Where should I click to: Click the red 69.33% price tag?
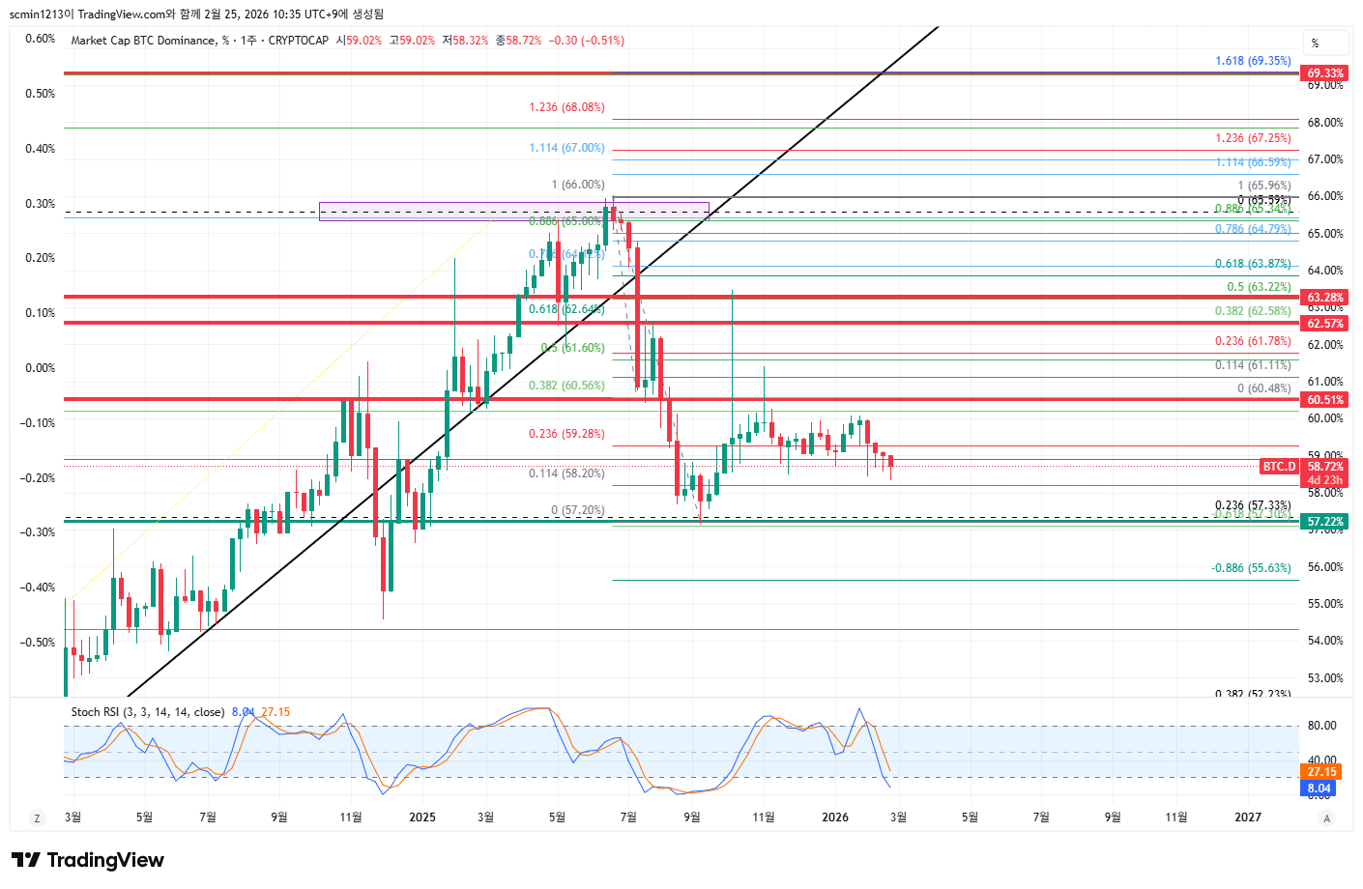[x=1324, y=73]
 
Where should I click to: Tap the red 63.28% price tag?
[x=1324, y=298]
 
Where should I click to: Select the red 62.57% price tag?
[x=1324, y=324]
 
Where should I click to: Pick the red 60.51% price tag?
[x=1324, y=400]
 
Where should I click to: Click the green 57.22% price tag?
[x=1324, y=522]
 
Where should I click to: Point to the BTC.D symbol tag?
[x=1279, y=467]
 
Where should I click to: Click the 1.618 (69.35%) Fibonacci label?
[x=1253, y=61]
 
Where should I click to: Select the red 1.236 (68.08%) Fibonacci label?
[x=566, y=107]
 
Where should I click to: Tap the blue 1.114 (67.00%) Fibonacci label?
[x=566, y=148]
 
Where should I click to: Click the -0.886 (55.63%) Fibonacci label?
[x=1251, y=568]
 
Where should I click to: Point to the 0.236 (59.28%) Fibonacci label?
[x=566, y=434]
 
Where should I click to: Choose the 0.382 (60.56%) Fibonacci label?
[x=566, y=386]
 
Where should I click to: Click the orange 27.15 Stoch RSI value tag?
[x=1321, y=772]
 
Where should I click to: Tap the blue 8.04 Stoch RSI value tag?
[x=1319, y=789]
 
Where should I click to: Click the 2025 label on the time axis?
[x=422, y=817]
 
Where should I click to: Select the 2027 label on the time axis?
[x=1248, y=817]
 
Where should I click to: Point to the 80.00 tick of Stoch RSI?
[x=1321, y=726]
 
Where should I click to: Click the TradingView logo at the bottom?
[x=88, y=860]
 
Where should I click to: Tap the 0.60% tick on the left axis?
[x=41, y=39]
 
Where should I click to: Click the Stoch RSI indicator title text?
[x=147, y=712]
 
